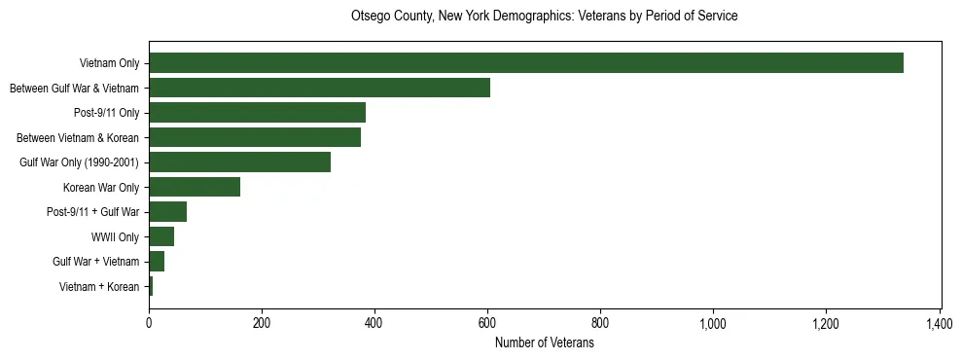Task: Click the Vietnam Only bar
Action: (x=526, y=63)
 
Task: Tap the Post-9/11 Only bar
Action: (x=257, y=113)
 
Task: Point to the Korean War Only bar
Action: (x=195, y=187)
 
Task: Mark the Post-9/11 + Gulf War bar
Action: (x=167, y=212)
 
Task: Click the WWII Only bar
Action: (x=161, y=236)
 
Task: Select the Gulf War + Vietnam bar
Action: (x=157, y=262)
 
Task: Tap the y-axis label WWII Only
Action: (x=115, y=236)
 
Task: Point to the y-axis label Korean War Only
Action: (x=101, y=187)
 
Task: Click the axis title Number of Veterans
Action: (x=544, y=342)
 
